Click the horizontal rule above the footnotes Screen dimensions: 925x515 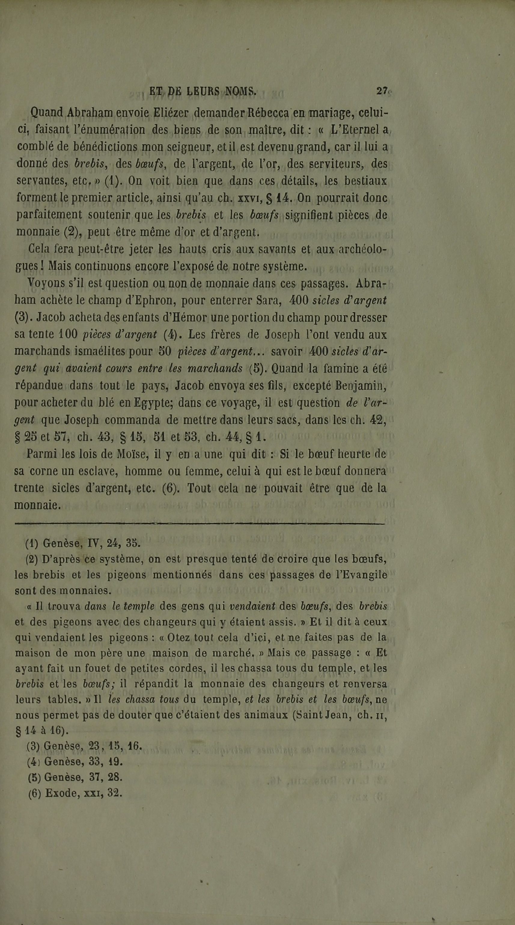(200, 525)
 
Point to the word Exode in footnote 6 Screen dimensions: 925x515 (59, 793)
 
